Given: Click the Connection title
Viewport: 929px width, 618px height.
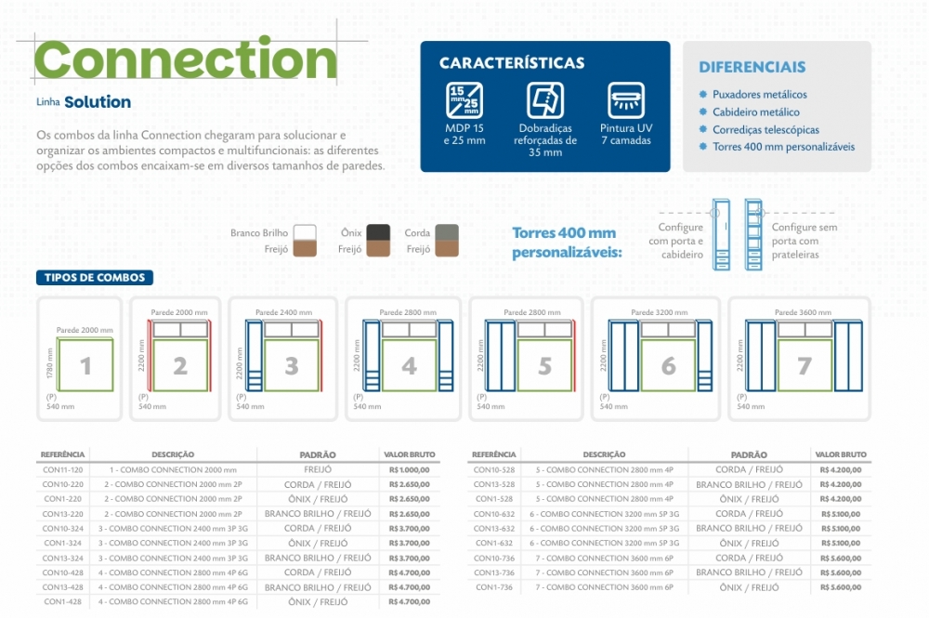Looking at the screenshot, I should point(186,60).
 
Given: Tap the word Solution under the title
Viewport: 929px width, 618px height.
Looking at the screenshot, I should point(98,102).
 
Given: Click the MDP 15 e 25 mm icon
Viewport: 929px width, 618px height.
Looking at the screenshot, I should point(464,100).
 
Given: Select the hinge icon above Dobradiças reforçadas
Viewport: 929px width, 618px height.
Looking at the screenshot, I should point(545,100).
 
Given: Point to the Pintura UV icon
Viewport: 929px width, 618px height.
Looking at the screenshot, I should point(626,100).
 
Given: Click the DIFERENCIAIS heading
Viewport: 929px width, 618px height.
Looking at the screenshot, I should point(752,67).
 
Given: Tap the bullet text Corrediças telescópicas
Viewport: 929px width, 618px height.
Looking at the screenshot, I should point(765,130).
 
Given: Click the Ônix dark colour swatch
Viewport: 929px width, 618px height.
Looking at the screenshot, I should point(377,233).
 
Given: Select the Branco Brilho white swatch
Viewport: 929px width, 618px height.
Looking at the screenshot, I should point(305,233).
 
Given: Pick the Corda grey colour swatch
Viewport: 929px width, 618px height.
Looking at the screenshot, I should point(446,233).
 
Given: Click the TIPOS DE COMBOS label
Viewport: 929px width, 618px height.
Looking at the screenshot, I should point(95,278).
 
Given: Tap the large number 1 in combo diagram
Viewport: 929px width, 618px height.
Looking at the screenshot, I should point(85,366).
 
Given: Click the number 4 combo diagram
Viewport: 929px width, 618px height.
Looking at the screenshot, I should point(409,366).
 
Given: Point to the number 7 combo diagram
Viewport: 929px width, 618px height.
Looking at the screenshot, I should point(805,366).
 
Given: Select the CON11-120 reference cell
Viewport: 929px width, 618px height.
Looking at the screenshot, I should point(63,470).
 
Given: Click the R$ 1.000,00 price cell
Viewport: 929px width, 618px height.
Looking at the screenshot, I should point(410,470).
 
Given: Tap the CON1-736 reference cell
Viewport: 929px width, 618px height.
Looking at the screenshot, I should point(493,587).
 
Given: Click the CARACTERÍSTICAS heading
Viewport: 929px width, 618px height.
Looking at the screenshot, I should point(512,63).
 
